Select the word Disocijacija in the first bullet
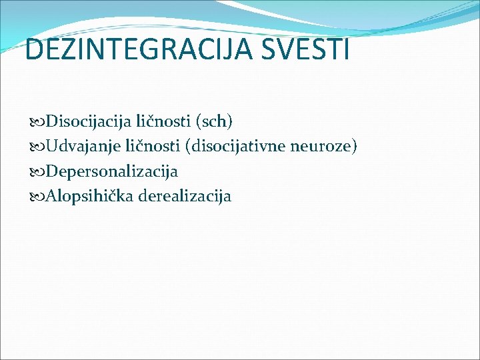[89, 121]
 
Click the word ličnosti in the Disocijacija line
[161, 121]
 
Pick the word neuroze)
[329, 146]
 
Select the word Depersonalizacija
[113, 171]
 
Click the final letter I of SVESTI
[345, 49]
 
